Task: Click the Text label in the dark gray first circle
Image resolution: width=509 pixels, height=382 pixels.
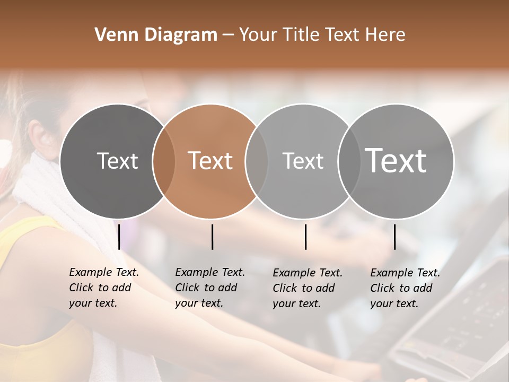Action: [x=117, y=161]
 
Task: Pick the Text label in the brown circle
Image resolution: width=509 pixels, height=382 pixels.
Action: [x=210, y=161]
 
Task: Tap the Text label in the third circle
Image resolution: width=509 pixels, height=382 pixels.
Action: [x=303, y=161]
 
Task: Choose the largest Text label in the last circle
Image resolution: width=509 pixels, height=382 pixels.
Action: [x=396, y=161]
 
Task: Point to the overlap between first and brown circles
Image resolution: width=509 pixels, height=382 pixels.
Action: [x=164, y=161]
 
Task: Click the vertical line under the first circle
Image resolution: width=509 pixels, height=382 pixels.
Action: [x=119, y=237]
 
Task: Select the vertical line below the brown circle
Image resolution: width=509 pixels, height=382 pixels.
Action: [x=212, y=237]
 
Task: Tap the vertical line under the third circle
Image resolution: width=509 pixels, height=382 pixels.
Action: [x=305, y=237]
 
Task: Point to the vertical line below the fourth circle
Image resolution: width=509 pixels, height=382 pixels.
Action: [x=394, y=237]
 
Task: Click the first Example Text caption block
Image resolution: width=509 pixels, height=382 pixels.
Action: [x=104, y=288]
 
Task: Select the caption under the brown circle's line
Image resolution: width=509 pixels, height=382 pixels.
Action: [x=210, y=288]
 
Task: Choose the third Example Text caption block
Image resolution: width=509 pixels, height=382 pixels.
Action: [x=308, y=288]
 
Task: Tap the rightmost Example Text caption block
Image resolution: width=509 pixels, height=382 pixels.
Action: [x=405, y=288]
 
